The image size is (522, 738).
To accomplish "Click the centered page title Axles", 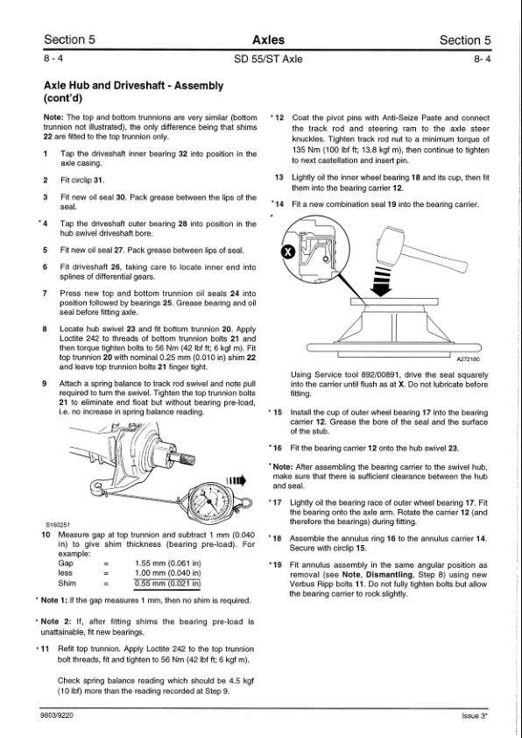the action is (268, 40).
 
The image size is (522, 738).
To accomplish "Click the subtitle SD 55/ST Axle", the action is (268, 60).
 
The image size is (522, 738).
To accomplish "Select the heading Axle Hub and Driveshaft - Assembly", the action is (133, 86).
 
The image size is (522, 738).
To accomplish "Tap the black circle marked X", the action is (288, 252).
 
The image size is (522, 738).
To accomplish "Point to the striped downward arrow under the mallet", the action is (381, 281).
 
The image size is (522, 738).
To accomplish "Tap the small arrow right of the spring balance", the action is (236, 480).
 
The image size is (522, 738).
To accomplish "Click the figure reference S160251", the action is (58, 525).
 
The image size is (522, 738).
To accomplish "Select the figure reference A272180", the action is (469, 359).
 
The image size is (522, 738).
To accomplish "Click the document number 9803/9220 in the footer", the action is (58, 716).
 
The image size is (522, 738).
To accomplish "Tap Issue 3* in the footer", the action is (475, 716).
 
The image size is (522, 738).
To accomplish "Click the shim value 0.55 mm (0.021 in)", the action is (167, 584).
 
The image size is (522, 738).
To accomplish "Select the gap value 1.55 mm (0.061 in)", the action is (167, 564).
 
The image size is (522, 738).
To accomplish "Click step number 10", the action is (46, 535).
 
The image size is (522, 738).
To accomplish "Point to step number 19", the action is (277, 565).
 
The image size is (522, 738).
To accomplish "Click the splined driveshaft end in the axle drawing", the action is (182, 457).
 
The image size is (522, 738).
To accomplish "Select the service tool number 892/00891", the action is (380, 375).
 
